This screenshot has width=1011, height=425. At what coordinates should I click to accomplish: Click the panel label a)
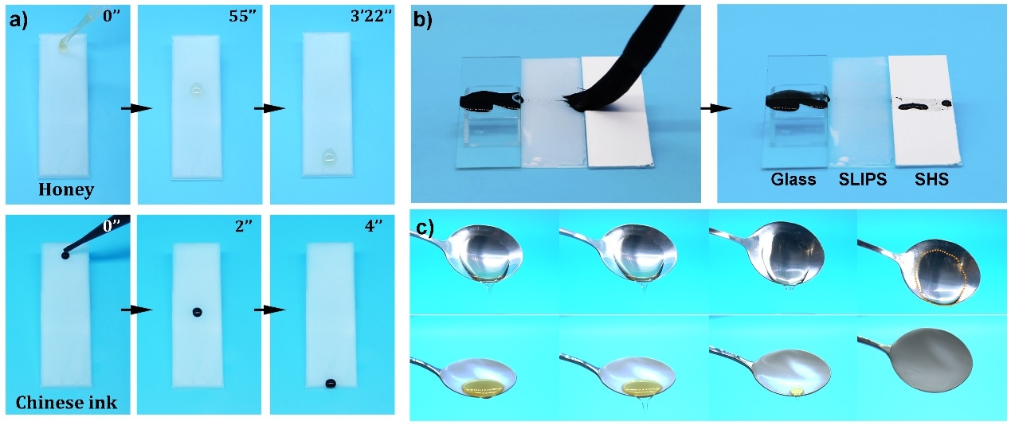(18, 20)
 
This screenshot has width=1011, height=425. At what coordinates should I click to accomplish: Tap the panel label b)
(423, 20)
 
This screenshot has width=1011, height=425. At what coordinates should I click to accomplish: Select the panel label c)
(425, 228)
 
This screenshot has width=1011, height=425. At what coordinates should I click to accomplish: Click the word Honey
(66, 189)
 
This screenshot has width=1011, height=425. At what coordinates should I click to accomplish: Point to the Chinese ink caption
(66, 403)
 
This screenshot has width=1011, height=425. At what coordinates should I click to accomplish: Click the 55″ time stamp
(242, 16)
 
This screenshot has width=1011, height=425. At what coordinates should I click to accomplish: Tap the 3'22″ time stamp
(371, 16)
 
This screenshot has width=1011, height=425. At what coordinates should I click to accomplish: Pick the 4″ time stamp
(374, 226)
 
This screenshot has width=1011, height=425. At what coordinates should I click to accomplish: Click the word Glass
(793, 179)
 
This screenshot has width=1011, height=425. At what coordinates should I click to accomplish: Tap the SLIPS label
(863, 179)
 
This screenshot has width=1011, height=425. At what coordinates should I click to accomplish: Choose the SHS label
(931, 179)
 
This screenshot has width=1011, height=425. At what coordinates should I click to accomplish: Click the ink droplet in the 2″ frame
(197, 312)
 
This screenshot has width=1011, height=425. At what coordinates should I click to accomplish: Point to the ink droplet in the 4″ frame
(331, 384)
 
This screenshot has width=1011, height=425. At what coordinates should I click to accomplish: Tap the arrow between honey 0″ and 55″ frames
(137, 108)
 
